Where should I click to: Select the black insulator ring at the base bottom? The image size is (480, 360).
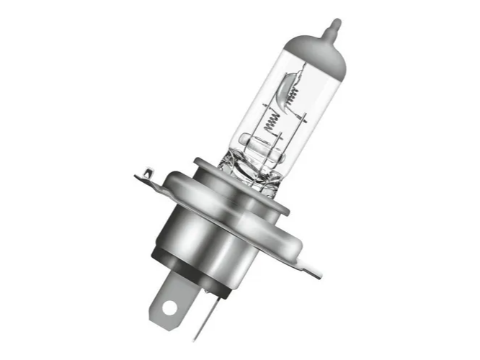191,277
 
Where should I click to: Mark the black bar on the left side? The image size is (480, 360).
61,180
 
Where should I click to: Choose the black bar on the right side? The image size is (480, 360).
419,180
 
